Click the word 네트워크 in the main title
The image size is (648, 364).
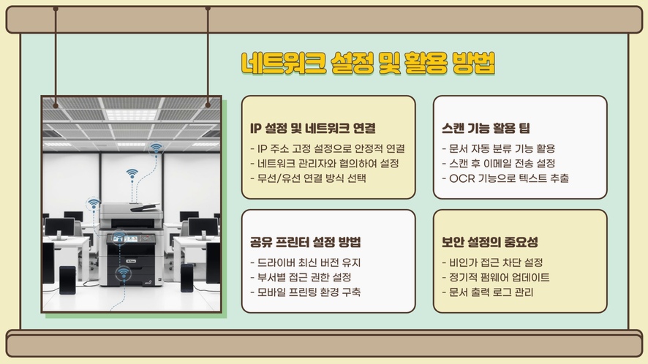pyautogui.click(x=284, y=63)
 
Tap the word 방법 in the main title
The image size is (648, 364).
pyautogui.click(x=474, y=63)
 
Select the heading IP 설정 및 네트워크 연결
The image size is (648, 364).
pyautogui.click(x=313, y=128)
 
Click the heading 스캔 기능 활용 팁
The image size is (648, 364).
pyautogui.click(x=486, y=128)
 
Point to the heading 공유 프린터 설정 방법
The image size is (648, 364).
pyautogui.click(x=306, y=242)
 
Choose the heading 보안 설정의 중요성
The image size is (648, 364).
pyautogui.click(x=490, y=242)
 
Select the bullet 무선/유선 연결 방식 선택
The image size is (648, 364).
pyautogui.click(x=309, y=178)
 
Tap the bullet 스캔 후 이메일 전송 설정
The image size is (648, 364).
pyautogui.click(x=498, y=163)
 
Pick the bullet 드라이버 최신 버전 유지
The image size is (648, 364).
pyautogui.click(x=306, y=262)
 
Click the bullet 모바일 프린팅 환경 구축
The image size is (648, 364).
pyautogui.click(x=306, y=292)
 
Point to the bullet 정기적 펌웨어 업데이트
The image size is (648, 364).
pyautogui.click(x=496, y=277)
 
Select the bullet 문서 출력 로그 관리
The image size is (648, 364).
pyautogui.click(x=488, y=292)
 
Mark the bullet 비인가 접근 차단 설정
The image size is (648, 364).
pyautogui.click(x=492, y=262)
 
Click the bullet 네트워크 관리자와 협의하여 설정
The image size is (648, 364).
pyautogui.click(x=325, y=163)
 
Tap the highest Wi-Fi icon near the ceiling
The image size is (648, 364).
pyautogui.click(x=156, y=148)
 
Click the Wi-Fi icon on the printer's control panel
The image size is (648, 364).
pyautogui.click(x=119, y=238)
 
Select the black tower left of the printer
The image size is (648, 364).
pyautogui.click(x=67, y=280)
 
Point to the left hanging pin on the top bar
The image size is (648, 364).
pyautogui.click(x=56, y=9)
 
